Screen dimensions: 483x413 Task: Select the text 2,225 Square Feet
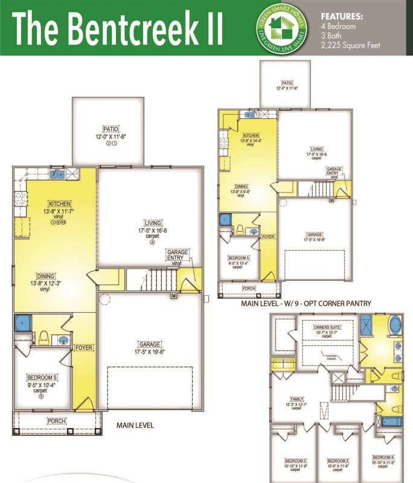coord(350,45)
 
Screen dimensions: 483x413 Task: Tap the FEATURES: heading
coord(341,17)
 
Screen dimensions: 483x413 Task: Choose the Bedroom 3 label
coord(338,460)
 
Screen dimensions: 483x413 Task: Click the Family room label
coord(296,398)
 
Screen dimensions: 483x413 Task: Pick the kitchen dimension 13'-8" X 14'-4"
coord(252,140)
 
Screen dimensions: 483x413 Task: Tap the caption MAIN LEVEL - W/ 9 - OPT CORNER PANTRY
coord(306,303)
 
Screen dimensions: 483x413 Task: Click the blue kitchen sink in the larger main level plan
coord(58,175)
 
